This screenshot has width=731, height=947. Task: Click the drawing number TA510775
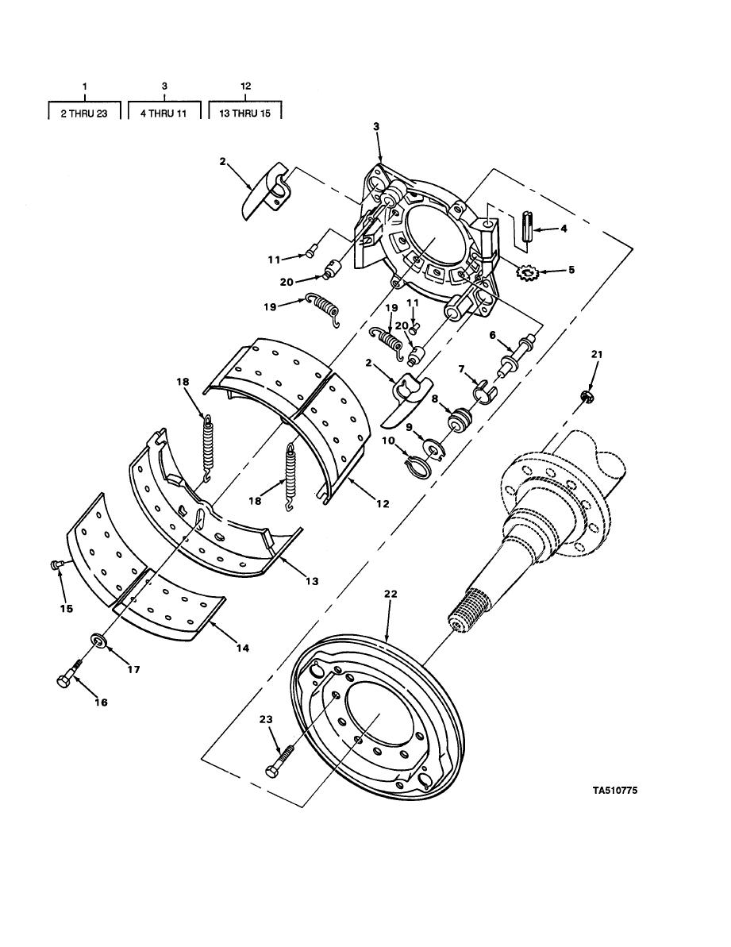pyautogui.click(x=614, y=790)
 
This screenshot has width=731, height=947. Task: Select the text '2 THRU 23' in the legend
pyautogui.click(x=84, y=113)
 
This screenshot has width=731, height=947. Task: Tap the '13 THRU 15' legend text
pyautogui.click(x=245, y=113)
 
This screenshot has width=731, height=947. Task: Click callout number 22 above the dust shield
pyautogui.click(x=391, y=595)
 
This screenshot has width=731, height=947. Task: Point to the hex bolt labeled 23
pyautogui.click(x=279, y=761)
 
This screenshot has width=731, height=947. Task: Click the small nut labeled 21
pyautogui.click(x=584, y=396)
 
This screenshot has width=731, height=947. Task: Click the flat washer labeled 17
pyautogui.click(x=97, y=640)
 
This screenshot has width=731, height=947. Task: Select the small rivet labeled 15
pyautogui.click(x=55, y=564)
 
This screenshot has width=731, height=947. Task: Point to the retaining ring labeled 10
pyautogui.click(x=417, y=465)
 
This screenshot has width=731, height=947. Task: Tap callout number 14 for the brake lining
pyautogui.click(x=242, y=648)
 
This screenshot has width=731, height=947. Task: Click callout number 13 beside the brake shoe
pyautogui.click(x=311, y=581)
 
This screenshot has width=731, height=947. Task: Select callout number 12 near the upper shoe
pyautogui.click(x=382, y=504)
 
